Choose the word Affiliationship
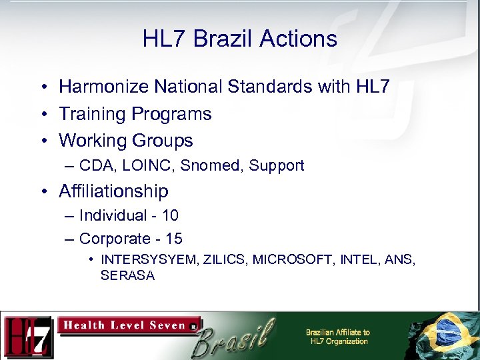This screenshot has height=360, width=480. (113, 191)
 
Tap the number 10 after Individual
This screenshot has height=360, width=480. (170, 215)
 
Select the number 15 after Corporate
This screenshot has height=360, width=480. (173, 239)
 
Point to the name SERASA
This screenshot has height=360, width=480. (127, 275)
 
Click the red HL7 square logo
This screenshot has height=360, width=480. (27, 336)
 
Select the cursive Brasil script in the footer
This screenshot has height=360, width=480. (236, 337)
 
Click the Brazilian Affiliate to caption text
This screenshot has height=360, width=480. (337, 333)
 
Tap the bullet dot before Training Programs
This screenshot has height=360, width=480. (42, 115)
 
